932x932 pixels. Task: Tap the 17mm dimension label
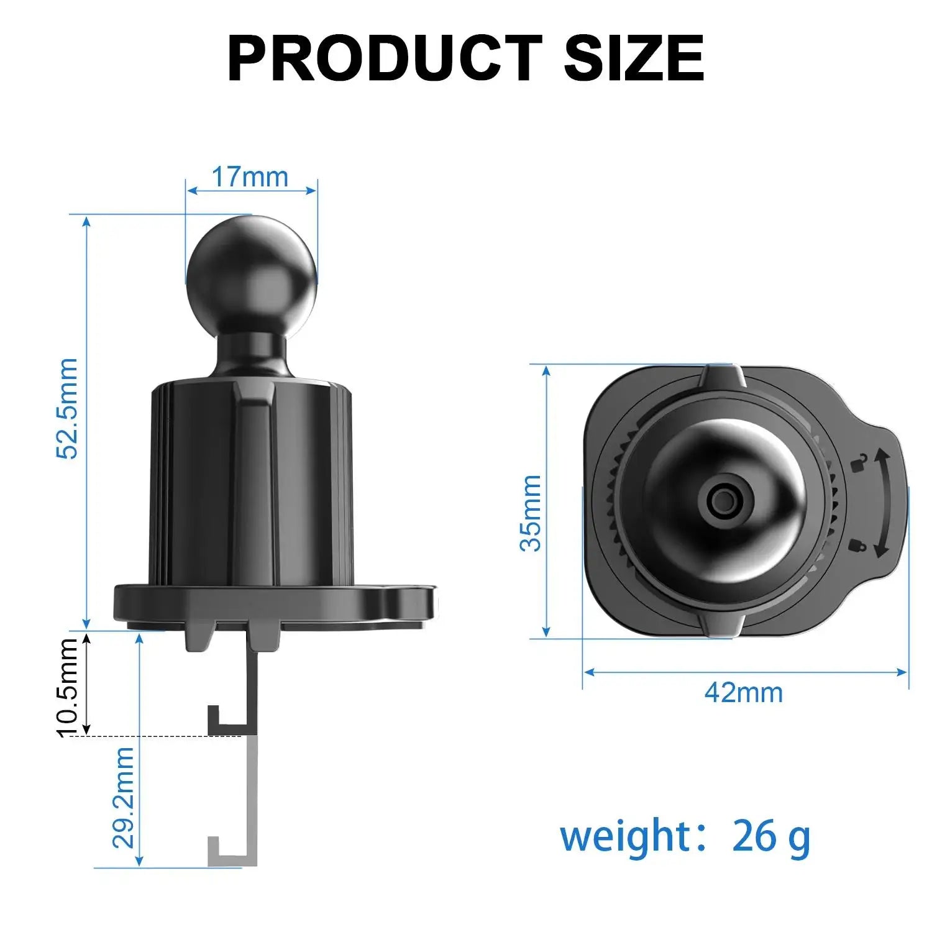coord(250,177)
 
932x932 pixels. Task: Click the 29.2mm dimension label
coord(124,798)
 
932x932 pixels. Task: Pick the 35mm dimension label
coord(531,513)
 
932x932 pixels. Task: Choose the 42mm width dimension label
coord(743,692)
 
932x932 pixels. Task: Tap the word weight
coord(625,837)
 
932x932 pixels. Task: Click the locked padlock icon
coord(857,545)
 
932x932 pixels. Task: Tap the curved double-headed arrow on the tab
coord(880,504)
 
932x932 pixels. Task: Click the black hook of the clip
coord(224,721)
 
